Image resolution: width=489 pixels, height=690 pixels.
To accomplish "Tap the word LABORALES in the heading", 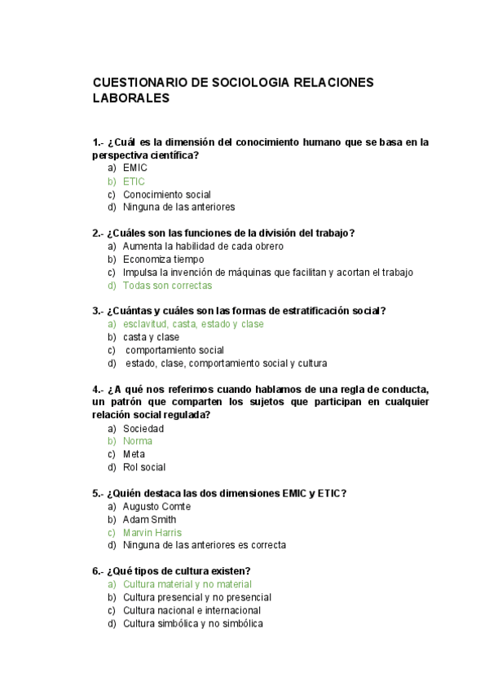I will pos(131,98).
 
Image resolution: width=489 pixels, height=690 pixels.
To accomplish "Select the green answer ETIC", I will pos(134,181).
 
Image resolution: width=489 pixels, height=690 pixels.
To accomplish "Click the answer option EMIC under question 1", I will pos(135,168).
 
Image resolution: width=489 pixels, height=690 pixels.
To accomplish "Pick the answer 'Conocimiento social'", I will pos(167,194).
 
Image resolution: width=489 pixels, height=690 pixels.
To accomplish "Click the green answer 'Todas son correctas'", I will pos(167,286).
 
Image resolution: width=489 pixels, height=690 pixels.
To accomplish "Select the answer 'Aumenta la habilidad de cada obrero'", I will pos(203,247).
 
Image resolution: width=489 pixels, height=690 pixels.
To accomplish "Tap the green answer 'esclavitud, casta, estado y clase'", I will pos(193,324).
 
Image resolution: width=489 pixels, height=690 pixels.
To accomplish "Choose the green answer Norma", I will pos(138,441).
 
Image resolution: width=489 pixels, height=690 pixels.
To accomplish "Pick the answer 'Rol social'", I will pos(144,467).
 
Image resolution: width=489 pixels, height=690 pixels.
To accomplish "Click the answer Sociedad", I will pos(143,428).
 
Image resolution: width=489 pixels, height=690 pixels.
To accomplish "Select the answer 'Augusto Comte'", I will pos(157,506).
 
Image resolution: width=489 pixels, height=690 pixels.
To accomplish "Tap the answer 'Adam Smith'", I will pos(150,519).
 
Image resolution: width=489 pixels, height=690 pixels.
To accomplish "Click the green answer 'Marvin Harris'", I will pos(152,532).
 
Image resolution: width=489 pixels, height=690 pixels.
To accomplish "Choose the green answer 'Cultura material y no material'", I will pos(187,584).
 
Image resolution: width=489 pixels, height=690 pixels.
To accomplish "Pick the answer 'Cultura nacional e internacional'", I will pos(192,610).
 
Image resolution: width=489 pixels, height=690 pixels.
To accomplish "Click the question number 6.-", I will pos(99,570).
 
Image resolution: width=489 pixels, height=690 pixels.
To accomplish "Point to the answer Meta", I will pos(134,454).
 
